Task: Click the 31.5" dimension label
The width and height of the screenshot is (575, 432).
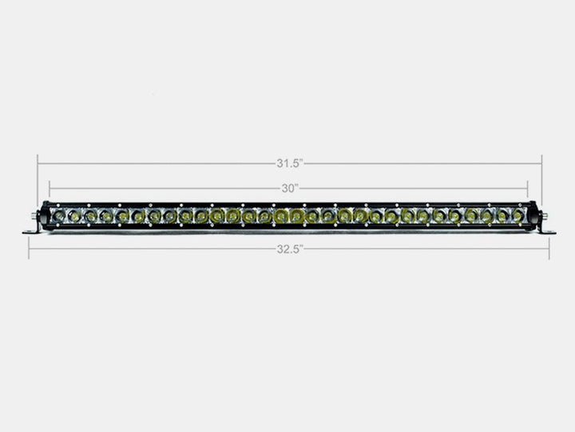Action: point(287,164)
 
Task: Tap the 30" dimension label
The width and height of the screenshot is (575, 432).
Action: point(288,189)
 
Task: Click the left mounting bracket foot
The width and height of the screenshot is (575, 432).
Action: point(30,232)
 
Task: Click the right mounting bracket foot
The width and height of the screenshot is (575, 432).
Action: point(546,232)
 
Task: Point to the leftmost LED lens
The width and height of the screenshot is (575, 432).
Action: point(59,216)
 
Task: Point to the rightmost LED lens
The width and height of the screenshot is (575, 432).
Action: point(517,216)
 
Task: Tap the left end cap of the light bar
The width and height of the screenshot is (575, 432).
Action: point(43,216)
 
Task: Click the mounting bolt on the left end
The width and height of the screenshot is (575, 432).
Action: point(35,217)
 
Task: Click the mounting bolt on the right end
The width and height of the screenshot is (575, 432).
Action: point(541,217)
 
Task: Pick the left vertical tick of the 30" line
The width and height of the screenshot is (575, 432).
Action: point(50,190)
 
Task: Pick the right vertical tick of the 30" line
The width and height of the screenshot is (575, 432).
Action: point(528,190)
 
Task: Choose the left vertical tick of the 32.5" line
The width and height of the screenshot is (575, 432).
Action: point(29,248)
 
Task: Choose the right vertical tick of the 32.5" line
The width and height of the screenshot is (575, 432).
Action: point(549,248)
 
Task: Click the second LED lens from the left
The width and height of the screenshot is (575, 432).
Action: point(74,216)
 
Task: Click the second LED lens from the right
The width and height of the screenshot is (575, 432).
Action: point(502,216)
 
